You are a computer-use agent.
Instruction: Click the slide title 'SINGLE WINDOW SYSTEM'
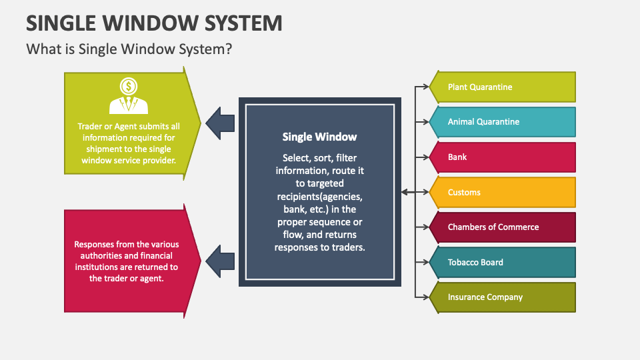[154, 23]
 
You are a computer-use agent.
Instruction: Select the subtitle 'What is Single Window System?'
[129, 49]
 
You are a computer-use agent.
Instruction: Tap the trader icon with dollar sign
[129, 95]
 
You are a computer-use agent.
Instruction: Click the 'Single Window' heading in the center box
[319, 137]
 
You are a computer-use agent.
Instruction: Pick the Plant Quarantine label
[480, 87]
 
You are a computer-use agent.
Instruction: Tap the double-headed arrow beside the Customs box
[414, 192]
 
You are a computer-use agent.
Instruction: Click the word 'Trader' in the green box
[91, 126]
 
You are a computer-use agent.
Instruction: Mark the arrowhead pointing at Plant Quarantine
[425, 87]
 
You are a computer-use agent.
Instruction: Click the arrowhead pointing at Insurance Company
[425, 297]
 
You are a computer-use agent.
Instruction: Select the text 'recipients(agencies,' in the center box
[319, 198]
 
